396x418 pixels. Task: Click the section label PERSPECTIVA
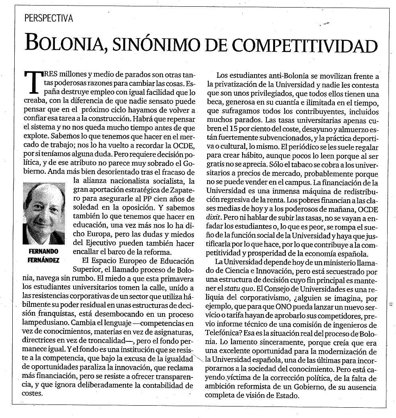(48, 18)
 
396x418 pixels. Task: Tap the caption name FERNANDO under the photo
(44, 251)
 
